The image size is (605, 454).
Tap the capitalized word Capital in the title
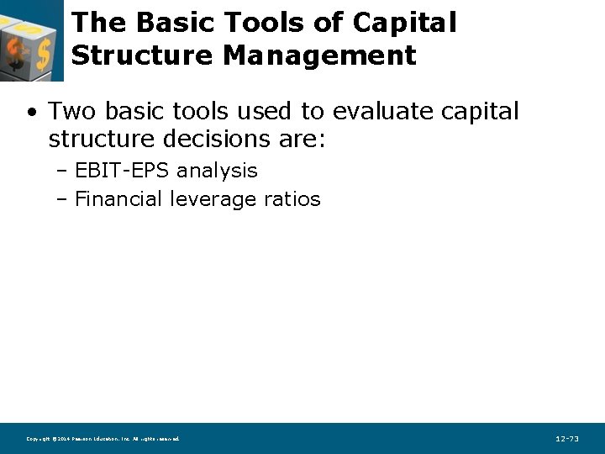coord(404,23)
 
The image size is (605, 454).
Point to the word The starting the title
coord(98,23)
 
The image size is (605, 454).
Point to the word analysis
coord(218,171)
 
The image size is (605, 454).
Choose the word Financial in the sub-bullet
coord(118,199)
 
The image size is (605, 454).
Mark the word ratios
coord(292,199)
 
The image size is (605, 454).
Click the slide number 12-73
coord(567,439)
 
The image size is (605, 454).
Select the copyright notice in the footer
coord(103,439)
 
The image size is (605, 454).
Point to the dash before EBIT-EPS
coord(62,172)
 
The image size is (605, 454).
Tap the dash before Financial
coord(62,200)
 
